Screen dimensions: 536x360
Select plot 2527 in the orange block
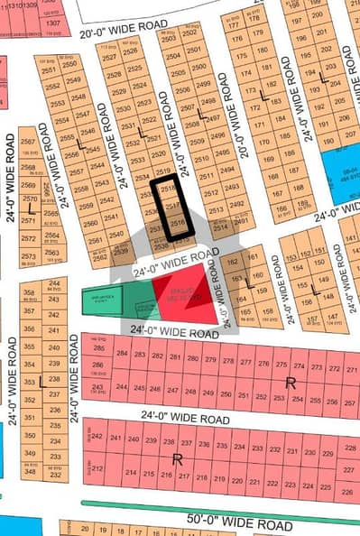(x=109, y=59)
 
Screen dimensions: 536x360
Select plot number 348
(x=30, y=472)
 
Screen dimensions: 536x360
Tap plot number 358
(x=30, y=293)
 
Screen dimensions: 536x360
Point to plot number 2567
(x=28, y=143)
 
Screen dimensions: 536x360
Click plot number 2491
(x=240, y=219)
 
